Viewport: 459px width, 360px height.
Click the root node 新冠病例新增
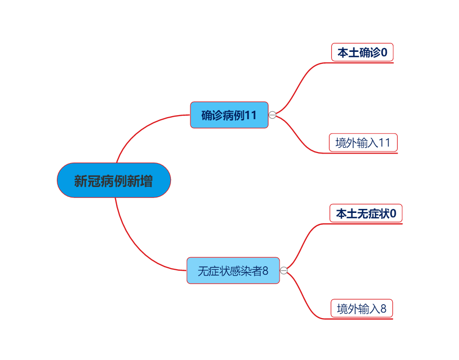pyautogui.click(x=114, y=180)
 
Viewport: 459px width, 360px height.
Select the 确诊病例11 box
pyautogui.click(x=229, y=115)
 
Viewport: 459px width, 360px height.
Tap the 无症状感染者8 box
pyautogui.click(x=233, y=270)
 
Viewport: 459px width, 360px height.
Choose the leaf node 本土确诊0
pyautogui.click(x=362, y=52)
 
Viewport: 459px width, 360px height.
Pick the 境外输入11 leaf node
pyautogui.click(x=363, y=143)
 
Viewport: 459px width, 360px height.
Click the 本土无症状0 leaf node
pyautogui.click(x=366, y=213)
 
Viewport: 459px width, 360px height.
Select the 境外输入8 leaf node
pyautogui.click(x=361, y=309)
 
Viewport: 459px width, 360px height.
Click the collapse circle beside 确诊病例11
pyautogui.click(x=272, y=115)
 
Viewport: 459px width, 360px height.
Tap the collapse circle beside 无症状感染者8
pyautogui.click(x=284, y=270)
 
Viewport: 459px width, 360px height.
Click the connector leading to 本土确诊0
pyautogui.click(x=302, y=85)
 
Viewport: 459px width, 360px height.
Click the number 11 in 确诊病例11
pyautogui.click(x=250, y=115)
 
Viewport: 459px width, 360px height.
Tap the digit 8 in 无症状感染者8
pyautogui.click(x=265, y=271)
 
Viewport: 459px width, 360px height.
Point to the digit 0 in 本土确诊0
pyautogui.click(x=384, y=52)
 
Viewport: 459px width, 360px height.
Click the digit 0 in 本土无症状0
pyautogui.click(x=393, y=213)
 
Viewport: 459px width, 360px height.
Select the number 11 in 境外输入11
pyautogui.click(x=384, y=143)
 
